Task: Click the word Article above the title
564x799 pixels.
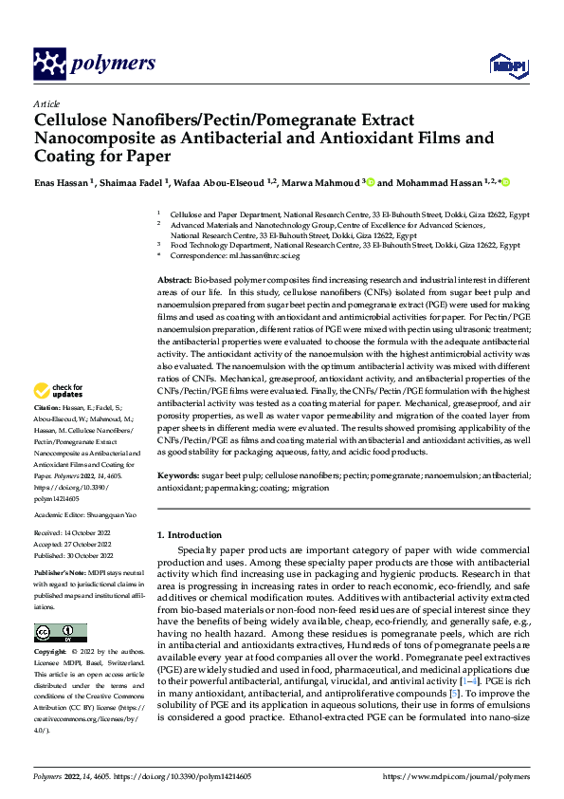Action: pos(46,102)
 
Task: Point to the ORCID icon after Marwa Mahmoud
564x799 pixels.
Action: pos(344,181)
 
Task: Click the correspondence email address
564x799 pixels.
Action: pos(245,255)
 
